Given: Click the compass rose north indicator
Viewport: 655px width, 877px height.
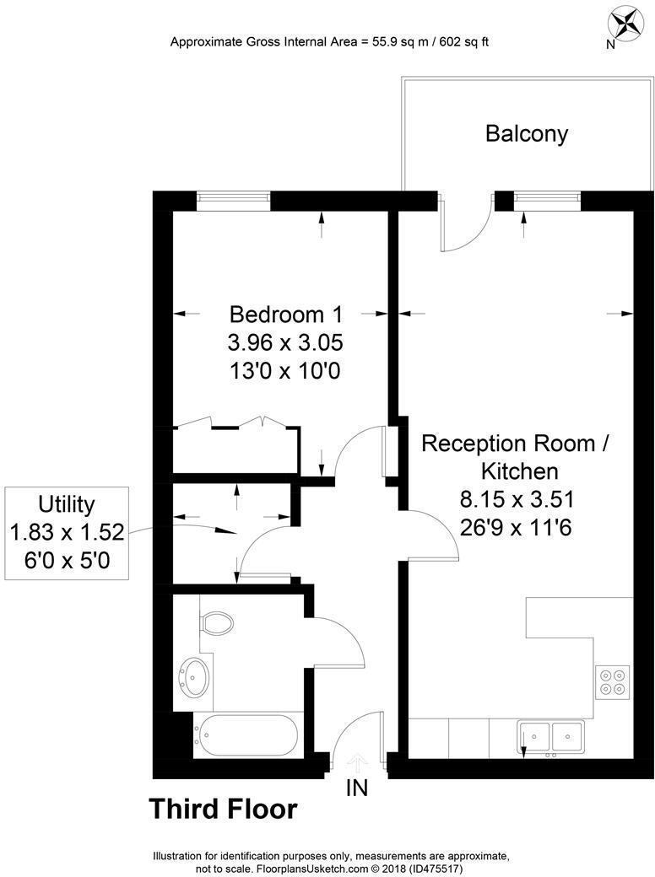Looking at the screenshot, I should click(x=625, y=22).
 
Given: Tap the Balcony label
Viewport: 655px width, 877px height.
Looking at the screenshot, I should click(x=526, y=133).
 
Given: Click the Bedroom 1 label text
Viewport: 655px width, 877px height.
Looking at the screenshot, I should click(x=286, y=315).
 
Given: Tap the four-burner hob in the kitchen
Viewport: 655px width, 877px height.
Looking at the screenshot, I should click(x=613, y=681).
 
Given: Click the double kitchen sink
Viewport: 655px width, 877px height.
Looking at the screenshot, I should click(x=549, y=735).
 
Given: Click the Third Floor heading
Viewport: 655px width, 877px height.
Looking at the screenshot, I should click(x=223, y=810).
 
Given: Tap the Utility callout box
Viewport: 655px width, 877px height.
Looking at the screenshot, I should click(x=67, y=532).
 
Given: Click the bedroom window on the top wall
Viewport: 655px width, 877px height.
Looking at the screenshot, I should click(x=234, y=200).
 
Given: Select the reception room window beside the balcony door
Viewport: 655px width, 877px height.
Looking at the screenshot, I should click(x=548, y=200).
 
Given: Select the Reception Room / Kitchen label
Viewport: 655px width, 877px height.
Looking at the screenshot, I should click(x=514, y=456).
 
